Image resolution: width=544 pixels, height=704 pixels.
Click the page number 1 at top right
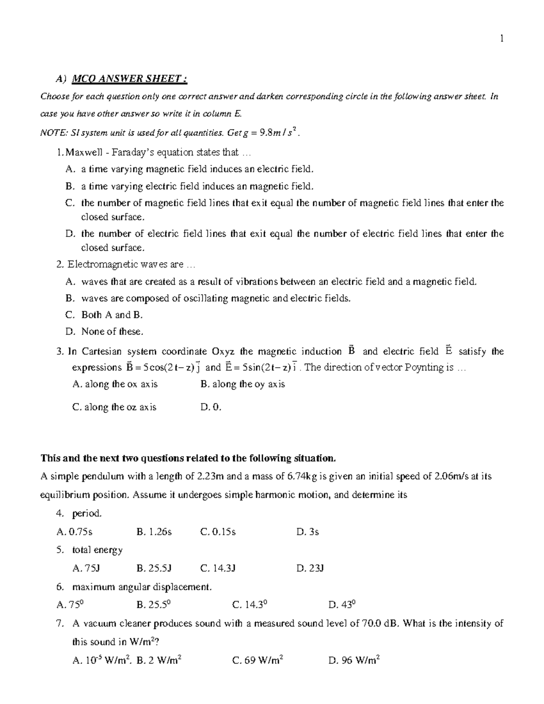[501, 39]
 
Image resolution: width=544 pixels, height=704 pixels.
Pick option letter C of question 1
[69, 203]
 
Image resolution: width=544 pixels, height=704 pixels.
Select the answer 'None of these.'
[112, 331]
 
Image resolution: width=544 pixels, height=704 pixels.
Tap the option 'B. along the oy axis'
[243, 384]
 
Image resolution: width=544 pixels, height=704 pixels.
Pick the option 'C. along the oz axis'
[114, 407]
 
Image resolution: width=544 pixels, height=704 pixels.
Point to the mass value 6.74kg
[303, 476]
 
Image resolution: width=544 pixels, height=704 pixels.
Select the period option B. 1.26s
[154, 532]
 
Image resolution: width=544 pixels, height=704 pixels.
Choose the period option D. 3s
[308, 532]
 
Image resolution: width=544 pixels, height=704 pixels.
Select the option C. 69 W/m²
[257, 660]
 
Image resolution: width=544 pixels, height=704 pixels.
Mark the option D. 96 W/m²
[354, 660]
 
